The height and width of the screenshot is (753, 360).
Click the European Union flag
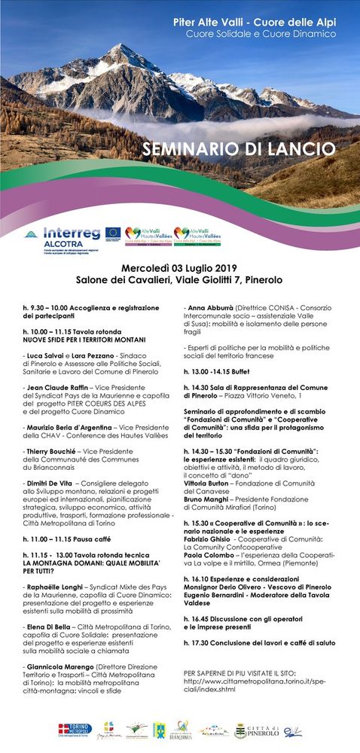tap(113, 232)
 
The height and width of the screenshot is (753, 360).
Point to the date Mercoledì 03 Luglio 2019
tap(179, 267)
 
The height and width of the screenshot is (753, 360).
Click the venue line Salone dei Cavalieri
tap(179, 279)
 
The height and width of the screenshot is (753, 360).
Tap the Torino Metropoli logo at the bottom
tap(75, 730)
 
